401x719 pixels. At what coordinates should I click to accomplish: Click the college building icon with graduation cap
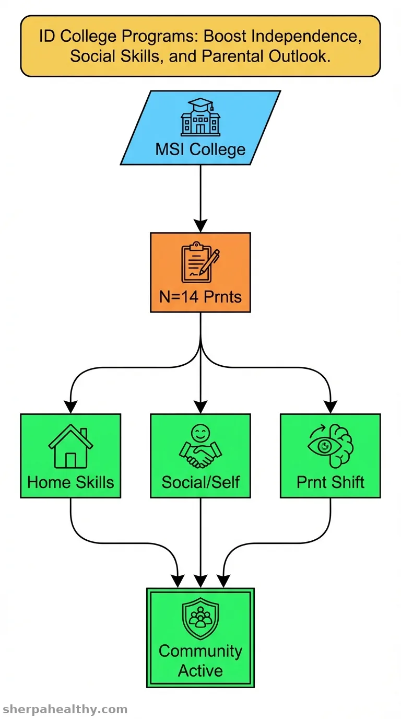200,117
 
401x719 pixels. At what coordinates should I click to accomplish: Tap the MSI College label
200,149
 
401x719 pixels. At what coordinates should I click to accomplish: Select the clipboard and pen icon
200,262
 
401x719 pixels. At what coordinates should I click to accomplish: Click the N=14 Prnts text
200,297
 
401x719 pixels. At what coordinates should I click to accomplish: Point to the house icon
70,446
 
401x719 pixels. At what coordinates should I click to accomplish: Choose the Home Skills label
70,482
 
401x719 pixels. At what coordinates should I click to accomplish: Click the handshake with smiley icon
200,446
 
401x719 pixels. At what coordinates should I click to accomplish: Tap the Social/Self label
200,482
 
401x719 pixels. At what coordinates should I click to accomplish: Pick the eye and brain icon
331,446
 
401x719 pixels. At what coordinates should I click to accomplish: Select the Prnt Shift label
331,482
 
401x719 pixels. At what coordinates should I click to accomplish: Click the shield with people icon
200,618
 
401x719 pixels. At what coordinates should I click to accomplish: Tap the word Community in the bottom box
200,652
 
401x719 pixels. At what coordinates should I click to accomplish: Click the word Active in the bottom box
200,671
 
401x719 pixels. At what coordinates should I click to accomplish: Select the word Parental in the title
233,56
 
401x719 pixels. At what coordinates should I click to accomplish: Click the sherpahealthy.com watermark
65,709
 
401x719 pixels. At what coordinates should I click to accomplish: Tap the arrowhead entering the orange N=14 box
200,226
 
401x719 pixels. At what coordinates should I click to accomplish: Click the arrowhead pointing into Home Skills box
70,407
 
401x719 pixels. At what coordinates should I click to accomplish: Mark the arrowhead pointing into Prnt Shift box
331,407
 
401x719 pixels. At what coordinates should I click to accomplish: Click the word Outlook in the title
300,56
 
